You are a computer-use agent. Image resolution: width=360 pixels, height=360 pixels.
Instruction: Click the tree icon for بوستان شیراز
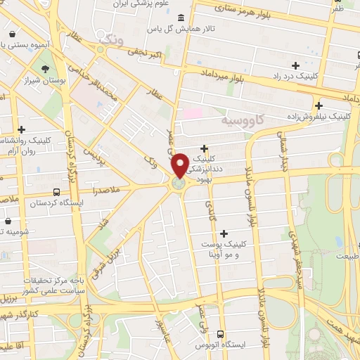[46, 69]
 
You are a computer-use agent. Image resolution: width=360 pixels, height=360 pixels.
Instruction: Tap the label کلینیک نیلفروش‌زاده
[319, 113]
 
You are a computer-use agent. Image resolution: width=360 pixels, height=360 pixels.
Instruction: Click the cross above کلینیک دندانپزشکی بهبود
[204, 148]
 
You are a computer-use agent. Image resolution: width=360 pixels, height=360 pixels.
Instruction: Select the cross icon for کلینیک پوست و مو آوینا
[224, 233]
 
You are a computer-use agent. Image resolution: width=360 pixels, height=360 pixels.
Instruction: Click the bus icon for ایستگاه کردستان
[57, 191]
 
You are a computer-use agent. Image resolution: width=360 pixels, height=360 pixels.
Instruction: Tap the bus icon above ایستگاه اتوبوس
[221, 334]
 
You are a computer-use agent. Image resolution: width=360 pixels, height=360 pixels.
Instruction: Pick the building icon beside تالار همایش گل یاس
[181, 18]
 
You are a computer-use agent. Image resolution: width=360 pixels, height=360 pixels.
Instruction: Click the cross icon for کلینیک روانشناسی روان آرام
[22, 129]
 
